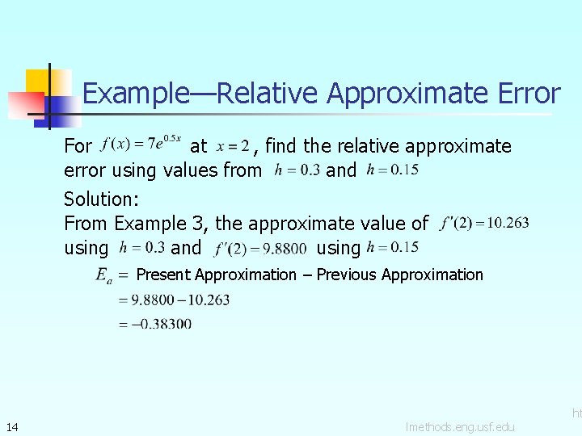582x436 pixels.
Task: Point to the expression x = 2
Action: click(233, 146)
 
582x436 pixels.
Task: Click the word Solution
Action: click(100, 199)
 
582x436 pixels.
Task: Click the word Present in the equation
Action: click(163, 275)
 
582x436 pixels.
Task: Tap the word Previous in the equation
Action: click(347, 275)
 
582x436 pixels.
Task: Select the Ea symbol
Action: click(103, 275)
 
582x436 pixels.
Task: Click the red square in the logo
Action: click(24, 105)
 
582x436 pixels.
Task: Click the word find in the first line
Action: click(281, 146)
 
